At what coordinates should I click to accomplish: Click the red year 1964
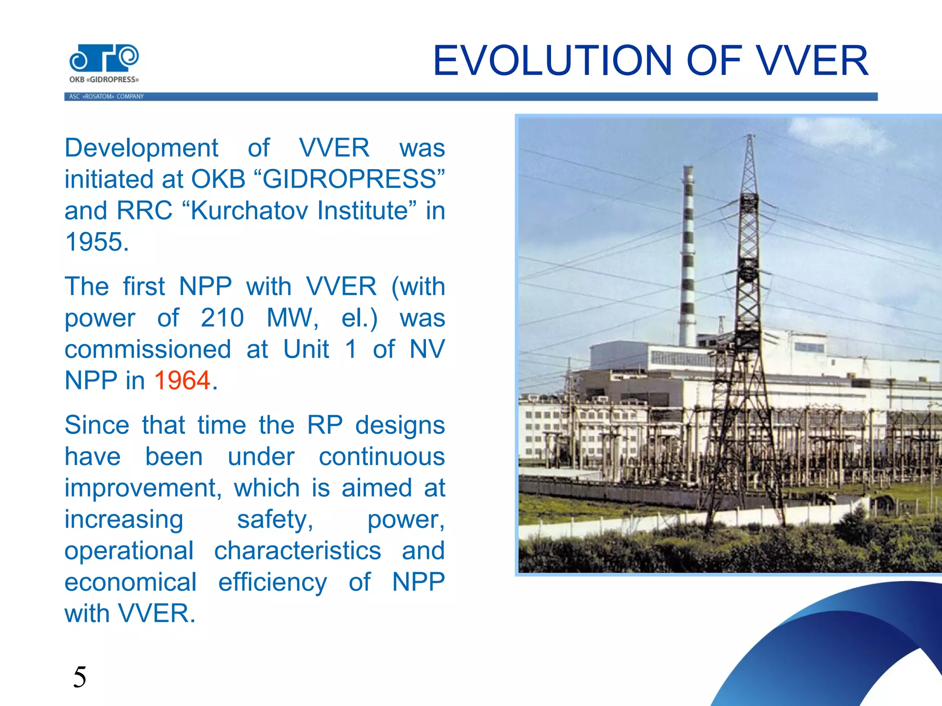(x=182, y=381)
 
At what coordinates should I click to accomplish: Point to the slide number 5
(x=80, y=677)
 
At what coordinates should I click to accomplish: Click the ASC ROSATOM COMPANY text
(x=106, y=97)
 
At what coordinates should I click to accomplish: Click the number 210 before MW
(x=222, y=318)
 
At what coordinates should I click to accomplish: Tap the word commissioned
(x=148, y=349)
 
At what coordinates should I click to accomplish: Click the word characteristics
(x=298, y=551)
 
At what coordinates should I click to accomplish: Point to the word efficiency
(x=272, y=582)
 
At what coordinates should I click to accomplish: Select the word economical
(x=131, y=582)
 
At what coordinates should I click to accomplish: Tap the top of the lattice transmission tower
(x=750, y=138)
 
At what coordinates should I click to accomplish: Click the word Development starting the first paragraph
(x=141, y=148)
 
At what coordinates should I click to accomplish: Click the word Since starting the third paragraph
(x=97, y=425)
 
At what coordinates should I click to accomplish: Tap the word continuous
(x=382, y=457)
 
